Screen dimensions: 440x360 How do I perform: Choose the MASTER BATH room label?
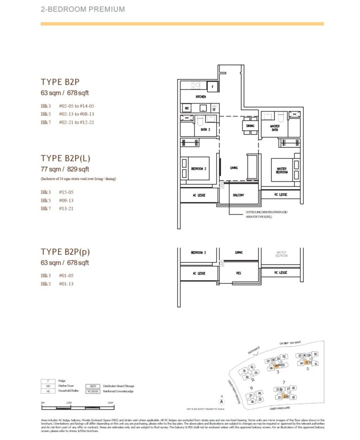click(x=275, y=128)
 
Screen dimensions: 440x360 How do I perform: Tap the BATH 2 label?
click(x=205, y=129)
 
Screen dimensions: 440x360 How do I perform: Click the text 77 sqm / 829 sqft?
click(x=65, y=169)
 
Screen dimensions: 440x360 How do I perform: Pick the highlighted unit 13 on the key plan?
click(x=306, y=362)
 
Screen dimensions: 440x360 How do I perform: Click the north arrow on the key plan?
click(x=221, y=402)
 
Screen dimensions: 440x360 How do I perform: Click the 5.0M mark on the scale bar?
click(x=110, y=402)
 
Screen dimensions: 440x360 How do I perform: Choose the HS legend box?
click(x=47, y=391)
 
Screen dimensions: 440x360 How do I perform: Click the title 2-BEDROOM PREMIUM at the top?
click(x=77, y=9)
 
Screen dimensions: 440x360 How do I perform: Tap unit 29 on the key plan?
click(x=256, y=373)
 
